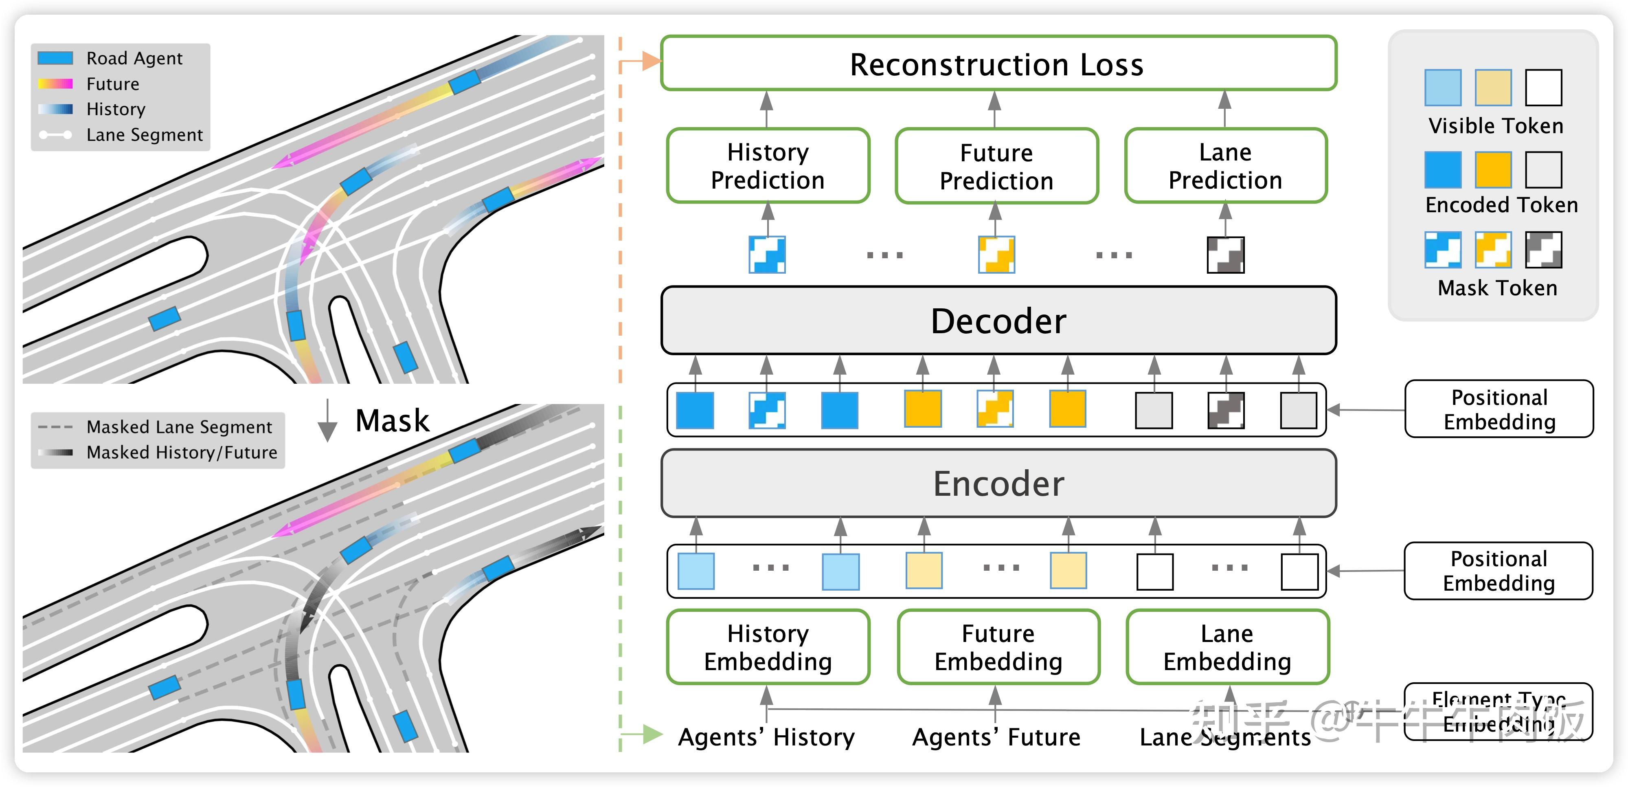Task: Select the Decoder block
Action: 998,321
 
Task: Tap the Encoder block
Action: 998,484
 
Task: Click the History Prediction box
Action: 768,166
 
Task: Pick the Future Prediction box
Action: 997,166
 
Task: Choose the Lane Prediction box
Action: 1225,166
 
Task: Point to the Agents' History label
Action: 766,737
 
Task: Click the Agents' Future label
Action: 996,737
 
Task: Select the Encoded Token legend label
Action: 1502,205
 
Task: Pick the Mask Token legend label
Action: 1497,288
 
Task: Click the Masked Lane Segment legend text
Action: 179,427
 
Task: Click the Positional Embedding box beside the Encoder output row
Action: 1499,409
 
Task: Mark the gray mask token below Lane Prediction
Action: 1225,255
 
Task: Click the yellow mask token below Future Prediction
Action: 996,255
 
